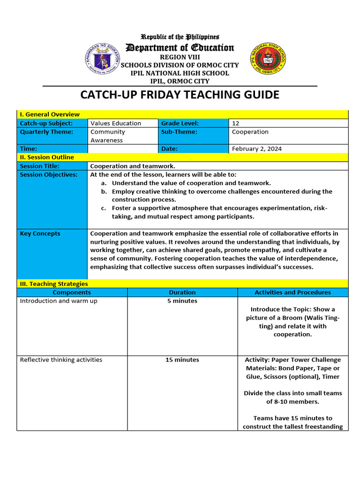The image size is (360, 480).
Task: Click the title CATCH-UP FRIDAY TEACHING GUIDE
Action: pos(180,95)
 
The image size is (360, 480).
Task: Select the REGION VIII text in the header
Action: pos(180,57)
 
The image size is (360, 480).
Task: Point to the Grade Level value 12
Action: pos(236,123)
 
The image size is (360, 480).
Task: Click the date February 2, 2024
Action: pos(257,149)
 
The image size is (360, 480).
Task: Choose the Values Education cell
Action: pos(116,123)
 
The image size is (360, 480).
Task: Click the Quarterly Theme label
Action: pos(46,132)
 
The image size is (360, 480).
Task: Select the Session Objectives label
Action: pos(49,174)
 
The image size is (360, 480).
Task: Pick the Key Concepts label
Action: pos(40,233)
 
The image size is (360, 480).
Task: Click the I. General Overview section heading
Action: pos(49,114)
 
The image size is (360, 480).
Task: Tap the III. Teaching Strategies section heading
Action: pos(53,284)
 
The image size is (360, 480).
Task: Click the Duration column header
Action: pos(182,292)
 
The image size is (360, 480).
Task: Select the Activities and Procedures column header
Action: pos(292,292)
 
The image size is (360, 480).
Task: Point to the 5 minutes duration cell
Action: pos(182,301)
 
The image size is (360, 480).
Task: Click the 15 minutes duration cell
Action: pos(182,360)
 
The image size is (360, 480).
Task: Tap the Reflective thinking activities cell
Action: pos(61,360)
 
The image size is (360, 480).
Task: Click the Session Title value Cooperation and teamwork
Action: pos(132,166)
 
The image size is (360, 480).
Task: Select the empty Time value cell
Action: pos(123,149)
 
